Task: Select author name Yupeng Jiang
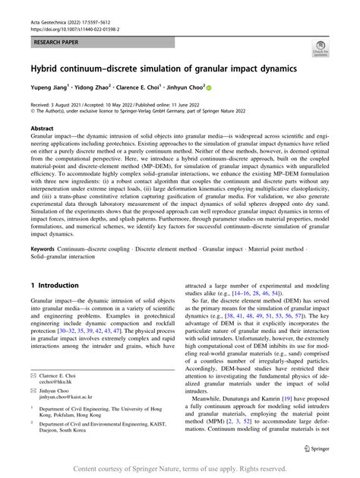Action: [51, 89]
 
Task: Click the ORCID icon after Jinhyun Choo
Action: [211, 89]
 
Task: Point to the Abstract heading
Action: [43, 130]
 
